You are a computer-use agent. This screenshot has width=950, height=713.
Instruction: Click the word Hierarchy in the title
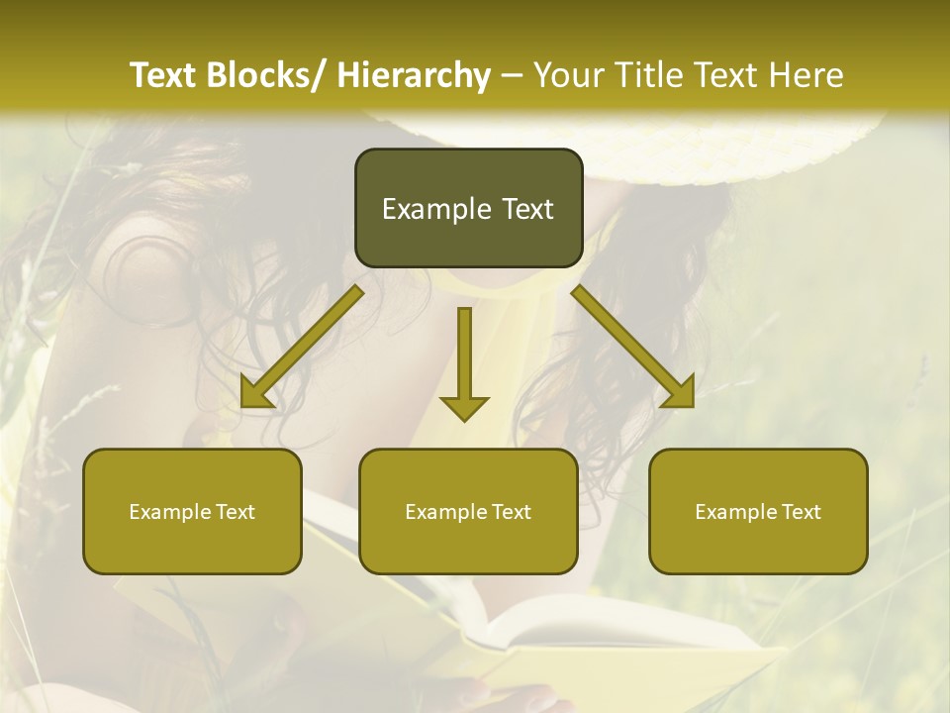[x=414, y=75]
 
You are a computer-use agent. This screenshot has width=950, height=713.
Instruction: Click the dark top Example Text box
[x=468, y=208]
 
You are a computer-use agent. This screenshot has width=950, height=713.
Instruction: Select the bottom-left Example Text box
[x=192, y=511]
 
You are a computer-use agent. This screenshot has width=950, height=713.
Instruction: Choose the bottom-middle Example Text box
[x=468, y=511]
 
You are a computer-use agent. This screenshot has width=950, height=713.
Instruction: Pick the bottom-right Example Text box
[x=758, y=511]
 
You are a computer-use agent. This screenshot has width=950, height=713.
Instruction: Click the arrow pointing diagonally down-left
[x=302, y=347]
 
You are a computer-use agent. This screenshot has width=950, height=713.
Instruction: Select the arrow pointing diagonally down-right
[x=633, y=347]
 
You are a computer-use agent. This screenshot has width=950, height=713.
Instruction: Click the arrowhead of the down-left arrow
[x=255, y=393]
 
